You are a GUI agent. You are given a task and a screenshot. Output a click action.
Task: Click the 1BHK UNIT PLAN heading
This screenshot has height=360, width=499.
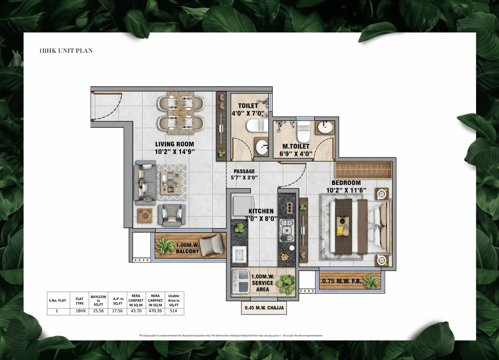(65, 51)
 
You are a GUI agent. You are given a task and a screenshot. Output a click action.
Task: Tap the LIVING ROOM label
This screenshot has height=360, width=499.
(174, 144)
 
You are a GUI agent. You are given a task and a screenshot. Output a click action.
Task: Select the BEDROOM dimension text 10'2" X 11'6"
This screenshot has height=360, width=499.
(346, 191)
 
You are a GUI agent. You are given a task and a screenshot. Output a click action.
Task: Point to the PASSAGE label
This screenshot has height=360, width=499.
(244, 171)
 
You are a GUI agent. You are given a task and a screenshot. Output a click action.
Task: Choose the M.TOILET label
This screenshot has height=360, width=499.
(296, 146)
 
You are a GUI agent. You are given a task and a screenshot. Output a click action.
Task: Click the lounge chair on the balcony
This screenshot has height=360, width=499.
(212, 246)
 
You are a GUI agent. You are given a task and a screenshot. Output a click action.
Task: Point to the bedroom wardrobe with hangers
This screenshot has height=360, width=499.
(363, 170)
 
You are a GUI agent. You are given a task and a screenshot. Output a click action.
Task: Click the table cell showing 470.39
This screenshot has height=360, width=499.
(155, 311)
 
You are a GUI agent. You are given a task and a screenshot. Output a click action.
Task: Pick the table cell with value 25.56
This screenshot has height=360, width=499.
(98, 311)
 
